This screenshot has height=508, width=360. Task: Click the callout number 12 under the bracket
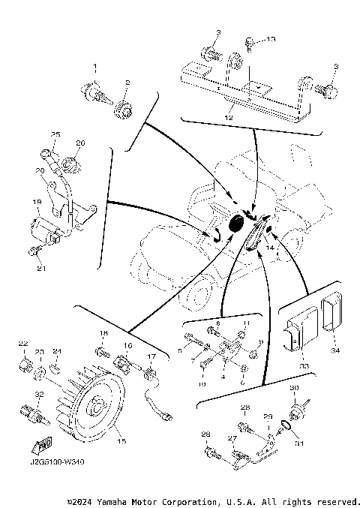pos(229,118)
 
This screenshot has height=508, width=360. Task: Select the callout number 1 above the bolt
pos(95,68)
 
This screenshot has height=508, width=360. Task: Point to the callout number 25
pos(55,134)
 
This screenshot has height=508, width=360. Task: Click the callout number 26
pos(80,143)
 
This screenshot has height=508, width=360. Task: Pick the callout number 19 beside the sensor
pos(36,202)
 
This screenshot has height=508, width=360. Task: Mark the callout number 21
pos(42,269)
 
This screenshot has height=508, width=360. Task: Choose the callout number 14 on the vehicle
pos(271,246)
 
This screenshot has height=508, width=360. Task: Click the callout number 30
pos(295,388)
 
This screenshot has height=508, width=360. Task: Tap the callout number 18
pos(104,332)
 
